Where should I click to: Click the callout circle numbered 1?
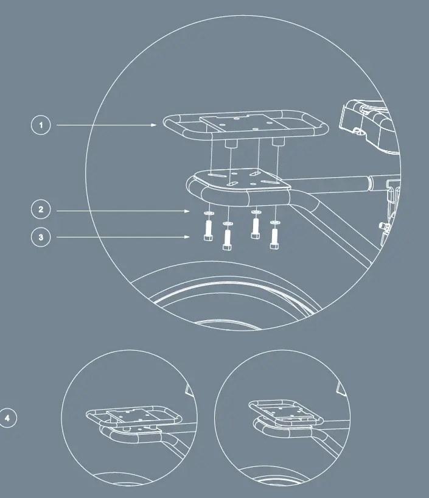(x=41, y=125)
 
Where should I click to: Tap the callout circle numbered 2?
(x=41, y=211)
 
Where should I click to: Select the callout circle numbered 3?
(x=41, y=237)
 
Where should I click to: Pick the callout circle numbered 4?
(x=7, y=418)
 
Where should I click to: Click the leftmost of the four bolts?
(x=207, y=231)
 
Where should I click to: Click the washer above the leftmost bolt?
(x=208, y=215)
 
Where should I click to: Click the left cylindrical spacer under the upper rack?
(x=230, y=143)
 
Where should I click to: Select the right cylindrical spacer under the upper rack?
(x=278, y=142)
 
